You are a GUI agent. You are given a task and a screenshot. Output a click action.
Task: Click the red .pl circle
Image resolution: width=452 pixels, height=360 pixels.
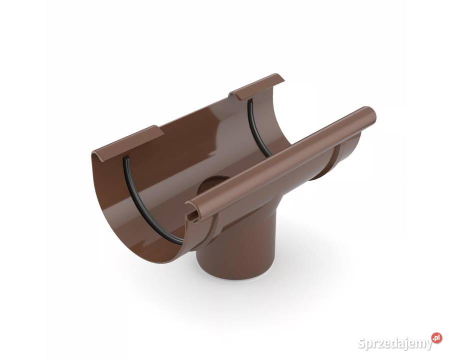[436, 338]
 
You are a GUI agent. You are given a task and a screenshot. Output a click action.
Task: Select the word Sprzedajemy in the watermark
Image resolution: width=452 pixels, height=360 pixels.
[395, 343]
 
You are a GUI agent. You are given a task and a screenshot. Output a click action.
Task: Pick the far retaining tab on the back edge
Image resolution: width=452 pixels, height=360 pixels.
[256, 87]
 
